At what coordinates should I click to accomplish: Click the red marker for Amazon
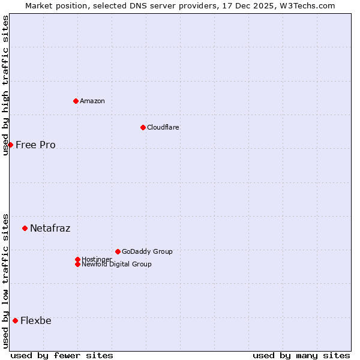pyautogui.click(x=76, y=101)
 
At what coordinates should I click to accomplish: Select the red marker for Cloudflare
pyautogui.click(x=143, y=127)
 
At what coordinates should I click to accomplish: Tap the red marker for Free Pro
pyautogui.click(x=10, y=145)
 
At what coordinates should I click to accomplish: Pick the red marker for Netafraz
pyautogui.click(x=25, y=228)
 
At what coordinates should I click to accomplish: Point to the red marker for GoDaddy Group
pyautogui.click(x=118, y=251)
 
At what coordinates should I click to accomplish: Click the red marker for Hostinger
pyautogui.click(x=77, y=259)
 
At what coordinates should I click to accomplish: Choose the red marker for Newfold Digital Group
pyautogui.click(x=77, y=264)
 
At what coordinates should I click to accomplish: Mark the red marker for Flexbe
pyautogui.click(x=15, y=320)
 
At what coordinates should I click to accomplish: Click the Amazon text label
pyautogui.click(x=92, y=101)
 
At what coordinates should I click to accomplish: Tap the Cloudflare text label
pyautogui.click(x=163, y=127)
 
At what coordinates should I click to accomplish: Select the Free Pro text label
pyautogui.click(x=35, y=145)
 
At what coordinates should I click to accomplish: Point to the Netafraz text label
pyautogui.click(x=50, y=228)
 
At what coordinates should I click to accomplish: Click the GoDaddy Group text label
pyautogui.click(x=147, y=251)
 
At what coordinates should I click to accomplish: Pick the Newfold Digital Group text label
pyautogui.click(x=116, y=264)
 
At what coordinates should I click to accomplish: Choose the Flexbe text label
pyautogui.click(x=35, y=320)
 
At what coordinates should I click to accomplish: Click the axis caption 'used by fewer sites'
pyautogui.click(x=61, y=355)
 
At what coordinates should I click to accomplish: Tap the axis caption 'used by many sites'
pyautogui.click(x=301, y=355)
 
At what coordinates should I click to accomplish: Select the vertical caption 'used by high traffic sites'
pyautogui.click(x=5, y=85)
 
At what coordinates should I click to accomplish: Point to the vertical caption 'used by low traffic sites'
pyautogui.click(x=5, y=280)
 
